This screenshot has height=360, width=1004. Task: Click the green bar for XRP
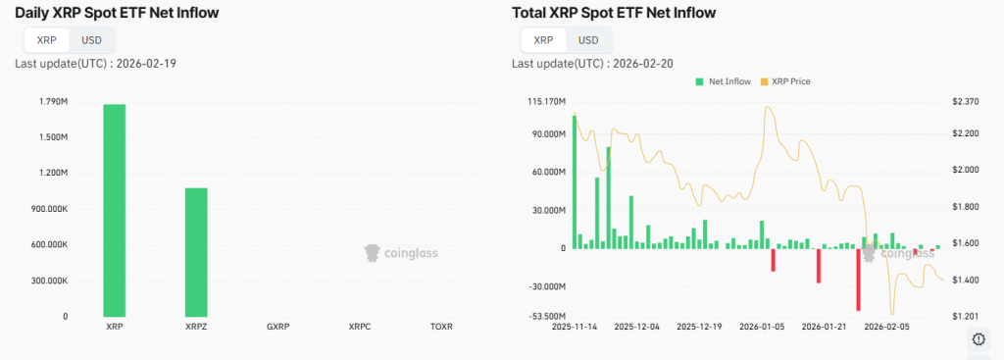114,210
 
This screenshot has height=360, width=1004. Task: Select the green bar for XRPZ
196,251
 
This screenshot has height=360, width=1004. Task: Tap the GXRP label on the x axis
277,326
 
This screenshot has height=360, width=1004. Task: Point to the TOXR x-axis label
441,326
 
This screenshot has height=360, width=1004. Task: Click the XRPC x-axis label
359,326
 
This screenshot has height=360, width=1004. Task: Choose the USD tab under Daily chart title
91,40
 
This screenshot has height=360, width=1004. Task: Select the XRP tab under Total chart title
542,40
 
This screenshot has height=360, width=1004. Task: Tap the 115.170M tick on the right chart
546,102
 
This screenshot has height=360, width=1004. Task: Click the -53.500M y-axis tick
547,316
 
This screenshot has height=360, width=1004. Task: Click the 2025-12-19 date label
700,327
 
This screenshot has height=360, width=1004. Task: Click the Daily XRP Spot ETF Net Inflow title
117,13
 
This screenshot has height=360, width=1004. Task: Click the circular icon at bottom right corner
978,339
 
